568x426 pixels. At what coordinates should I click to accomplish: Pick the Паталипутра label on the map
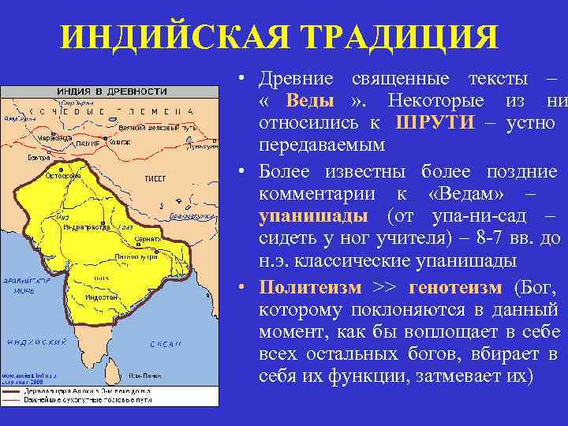point(133,256)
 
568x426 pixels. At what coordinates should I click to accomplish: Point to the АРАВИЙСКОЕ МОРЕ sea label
point(25,285)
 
